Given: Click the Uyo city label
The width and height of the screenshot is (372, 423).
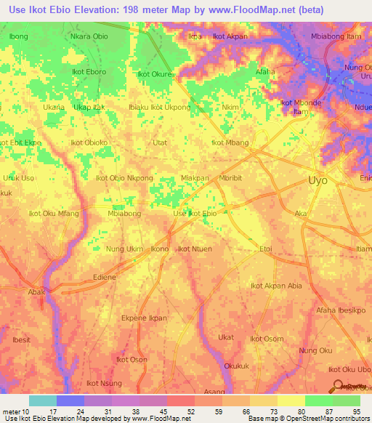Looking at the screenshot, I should (x=318, y=180).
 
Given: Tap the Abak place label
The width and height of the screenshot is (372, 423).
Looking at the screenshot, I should (x=36, y=292).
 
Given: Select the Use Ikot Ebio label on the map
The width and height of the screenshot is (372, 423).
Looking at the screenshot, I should (x=194, y=214).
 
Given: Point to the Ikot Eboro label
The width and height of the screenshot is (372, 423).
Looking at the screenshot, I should (x=89, y=72).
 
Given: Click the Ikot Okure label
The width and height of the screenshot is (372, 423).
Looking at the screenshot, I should (x=155, y=74).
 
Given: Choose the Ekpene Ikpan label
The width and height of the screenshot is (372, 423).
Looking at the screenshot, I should (x=144, y=318).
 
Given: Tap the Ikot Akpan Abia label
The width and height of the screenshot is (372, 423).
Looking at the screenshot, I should (x=276, y=286).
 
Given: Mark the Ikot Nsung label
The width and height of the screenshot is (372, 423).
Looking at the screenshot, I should (x=104, y=383).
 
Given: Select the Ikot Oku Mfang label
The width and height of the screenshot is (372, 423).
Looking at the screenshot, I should (x=53, y=214).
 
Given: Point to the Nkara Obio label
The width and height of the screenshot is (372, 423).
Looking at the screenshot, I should (x=89, y=36).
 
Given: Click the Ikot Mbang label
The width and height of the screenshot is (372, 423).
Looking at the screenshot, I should (x=230, y=143).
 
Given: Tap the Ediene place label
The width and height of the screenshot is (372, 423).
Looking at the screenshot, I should (x=105, y=277).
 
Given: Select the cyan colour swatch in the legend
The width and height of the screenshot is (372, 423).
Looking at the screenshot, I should (x=42, y=400).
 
